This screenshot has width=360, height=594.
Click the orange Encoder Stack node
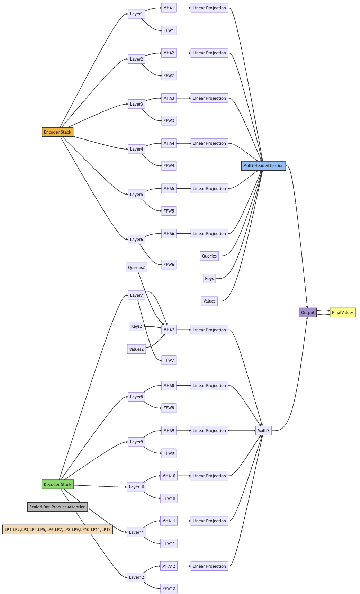click(x=57, y=132)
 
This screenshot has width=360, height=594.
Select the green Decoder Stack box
click(x=57, y=484)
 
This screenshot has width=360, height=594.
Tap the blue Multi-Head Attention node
click(x=263, y=166)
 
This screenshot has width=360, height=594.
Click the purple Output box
click(x=308, y=312)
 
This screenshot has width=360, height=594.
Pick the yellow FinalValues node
click(x=343, y=312)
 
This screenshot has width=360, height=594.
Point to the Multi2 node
click(x=263, y=431)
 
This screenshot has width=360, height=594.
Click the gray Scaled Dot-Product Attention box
click(x=57, y=507)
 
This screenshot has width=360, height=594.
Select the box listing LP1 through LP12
click(x=57, y=529)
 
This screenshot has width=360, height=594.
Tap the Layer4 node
click(x=136, y=149)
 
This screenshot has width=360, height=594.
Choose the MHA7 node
click(x=169, y=330)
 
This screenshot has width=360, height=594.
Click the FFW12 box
click(x=169, y=588)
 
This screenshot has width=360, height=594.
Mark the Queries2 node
click(x=136, y=267)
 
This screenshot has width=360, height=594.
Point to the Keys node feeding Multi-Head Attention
click(x=209, y=279)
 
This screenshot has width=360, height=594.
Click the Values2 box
click(x=136, y=349)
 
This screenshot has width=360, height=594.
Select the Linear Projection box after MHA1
click(x=209, y=8)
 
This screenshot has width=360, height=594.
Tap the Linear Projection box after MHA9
click(x=209, y=431)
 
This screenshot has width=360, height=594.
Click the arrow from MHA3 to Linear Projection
click(x=183, y=98)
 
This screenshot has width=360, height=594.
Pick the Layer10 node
click(x=136, y=487)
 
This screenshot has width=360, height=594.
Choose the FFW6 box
click(x=169, y=265)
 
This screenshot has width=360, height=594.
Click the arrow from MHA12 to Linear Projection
click(x=184, y=566)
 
